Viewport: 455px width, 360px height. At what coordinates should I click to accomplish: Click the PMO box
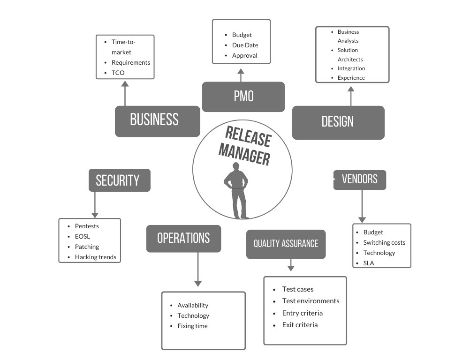click(x=243, y=97)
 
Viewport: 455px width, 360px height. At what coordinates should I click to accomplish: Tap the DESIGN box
click(x=338, y=122)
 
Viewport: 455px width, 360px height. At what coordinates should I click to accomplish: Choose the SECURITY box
click(x=119, y=180)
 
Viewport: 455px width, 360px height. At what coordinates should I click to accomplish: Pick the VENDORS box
click(x=360, y=180)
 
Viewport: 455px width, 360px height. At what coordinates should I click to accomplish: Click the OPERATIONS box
click(x=183, y=238)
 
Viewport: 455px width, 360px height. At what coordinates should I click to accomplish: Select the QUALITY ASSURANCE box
click(x=286, y=244)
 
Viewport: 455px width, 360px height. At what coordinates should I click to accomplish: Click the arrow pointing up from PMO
click(x=241, y=75)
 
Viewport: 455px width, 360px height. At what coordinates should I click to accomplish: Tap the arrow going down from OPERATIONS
click(x=198, y=270)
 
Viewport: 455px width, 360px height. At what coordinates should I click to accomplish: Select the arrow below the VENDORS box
click(x=362, y=206)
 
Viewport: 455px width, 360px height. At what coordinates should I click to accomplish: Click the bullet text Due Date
click(x=245, y=45)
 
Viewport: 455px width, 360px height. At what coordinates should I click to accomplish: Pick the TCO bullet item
click(x=118, y=73)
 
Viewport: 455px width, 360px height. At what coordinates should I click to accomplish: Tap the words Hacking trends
click(x=95, y=257)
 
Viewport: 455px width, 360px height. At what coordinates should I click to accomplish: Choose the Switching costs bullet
click(x=384, y=242)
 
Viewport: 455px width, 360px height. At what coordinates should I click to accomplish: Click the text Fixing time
click(x=192, y=326)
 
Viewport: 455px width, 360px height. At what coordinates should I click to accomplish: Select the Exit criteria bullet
click(x=300, y=325)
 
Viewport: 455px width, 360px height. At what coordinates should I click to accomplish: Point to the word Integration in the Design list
click(x=351, y=68)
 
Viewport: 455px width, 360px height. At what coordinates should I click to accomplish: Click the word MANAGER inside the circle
click(x=244, y=153)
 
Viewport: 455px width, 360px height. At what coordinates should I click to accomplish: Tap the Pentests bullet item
click(x=87, y=226)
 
